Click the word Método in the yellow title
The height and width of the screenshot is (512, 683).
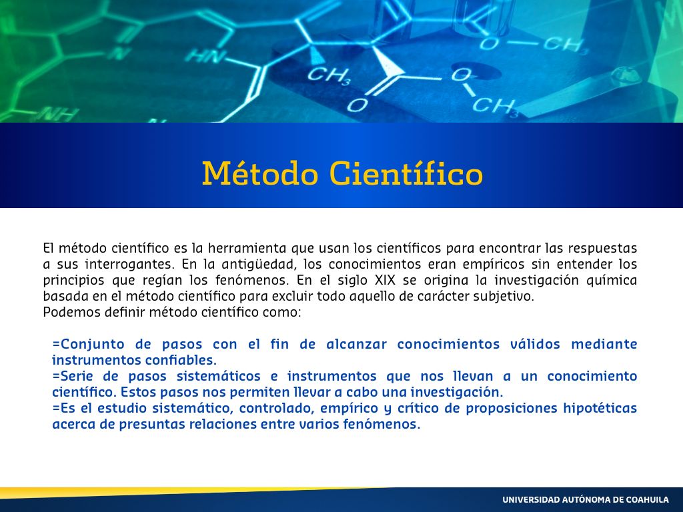[259, 173]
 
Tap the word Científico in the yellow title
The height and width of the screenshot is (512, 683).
[406, 173]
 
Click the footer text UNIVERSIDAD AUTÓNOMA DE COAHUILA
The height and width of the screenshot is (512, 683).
[586, 500]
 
